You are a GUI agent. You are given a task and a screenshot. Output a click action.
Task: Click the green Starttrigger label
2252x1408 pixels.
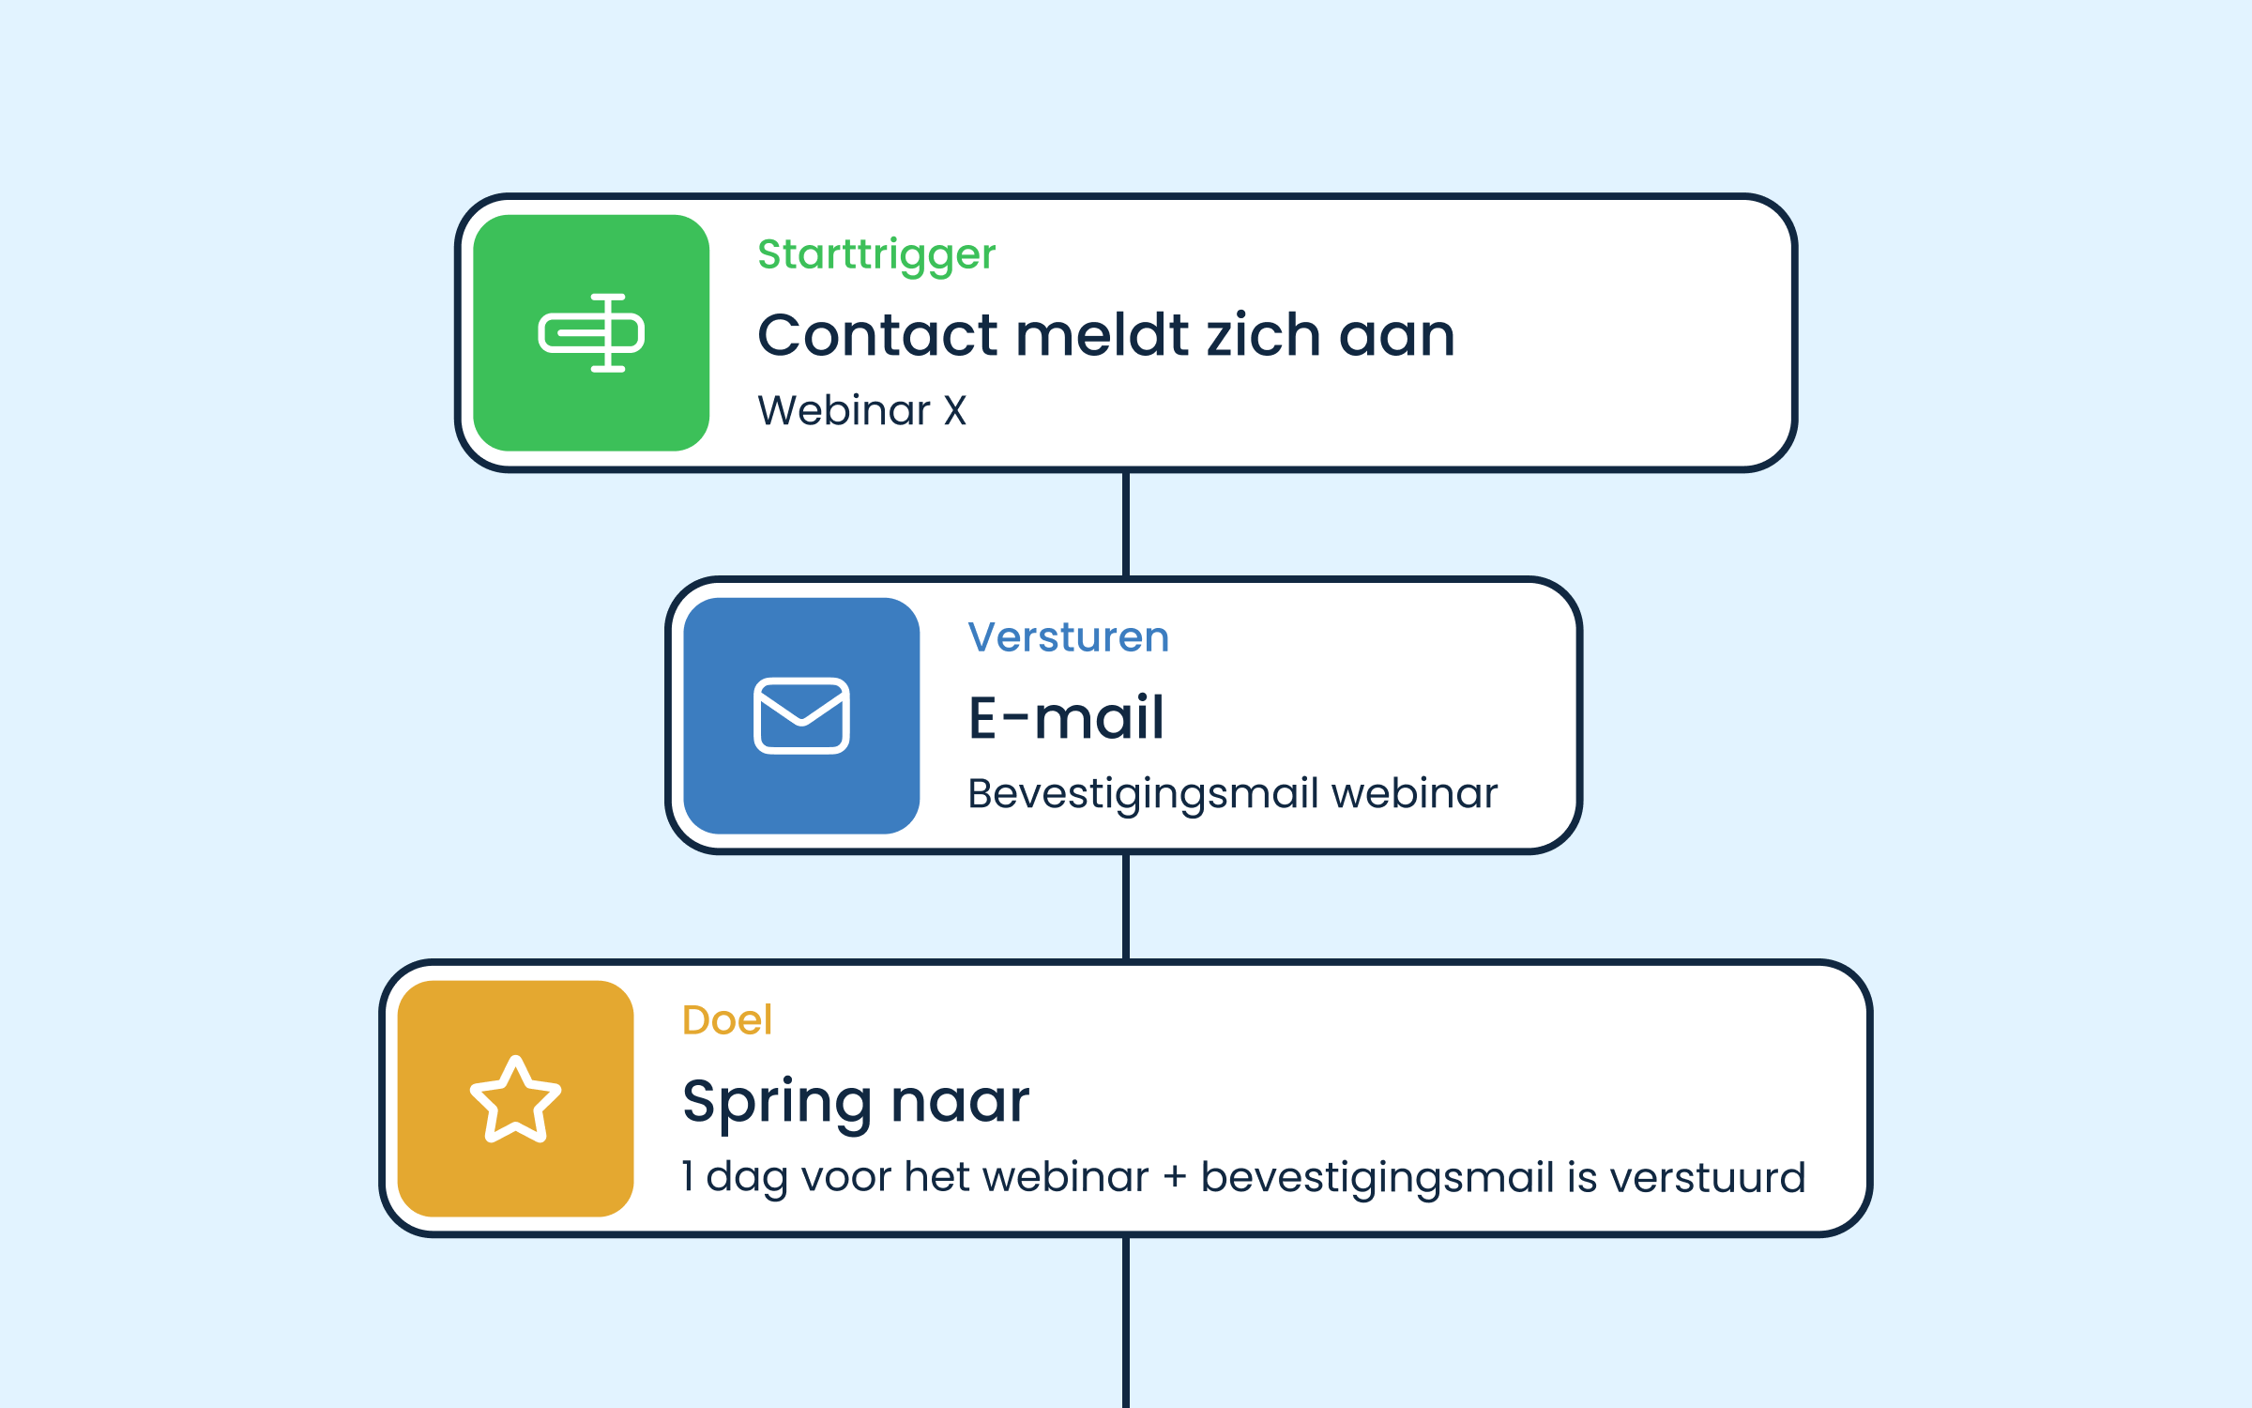tap(876, 255)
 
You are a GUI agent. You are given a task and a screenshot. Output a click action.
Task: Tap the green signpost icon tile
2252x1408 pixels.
tap(591, 332)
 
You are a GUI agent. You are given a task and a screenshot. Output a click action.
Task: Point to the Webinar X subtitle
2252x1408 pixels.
tap(861, 410)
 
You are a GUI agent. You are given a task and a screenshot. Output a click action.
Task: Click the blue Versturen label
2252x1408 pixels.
tap(1069, 637)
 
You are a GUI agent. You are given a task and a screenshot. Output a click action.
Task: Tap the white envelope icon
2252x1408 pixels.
tap(801, 715)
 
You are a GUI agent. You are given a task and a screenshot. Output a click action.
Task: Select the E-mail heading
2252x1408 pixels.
tap(1066, 718)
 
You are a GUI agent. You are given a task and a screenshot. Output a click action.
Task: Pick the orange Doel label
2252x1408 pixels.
tap(727, 1020)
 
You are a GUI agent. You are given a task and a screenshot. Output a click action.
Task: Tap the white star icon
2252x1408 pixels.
tap(515, 1099)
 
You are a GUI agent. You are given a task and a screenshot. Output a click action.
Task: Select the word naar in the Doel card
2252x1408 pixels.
tap(960, 1101)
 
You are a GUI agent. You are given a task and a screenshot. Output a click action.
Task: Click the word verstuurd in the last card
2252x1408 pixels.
tap(1708, 1178)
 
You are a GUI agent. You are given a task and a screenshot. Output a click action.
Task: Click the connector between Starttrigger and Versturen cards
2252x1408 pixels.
tap(1126, 524)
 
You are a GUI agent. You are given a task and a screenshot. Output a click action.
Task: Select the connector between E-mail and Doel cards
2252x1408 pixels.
tap(1126, 907)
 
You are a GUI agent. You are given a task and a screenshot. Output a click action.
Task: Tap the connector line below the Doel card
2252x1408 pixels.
tap(1126, 1323)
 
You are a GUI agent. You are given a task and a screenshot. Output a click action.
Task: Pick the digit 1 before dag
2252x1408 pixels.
tap(688, 1176)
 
